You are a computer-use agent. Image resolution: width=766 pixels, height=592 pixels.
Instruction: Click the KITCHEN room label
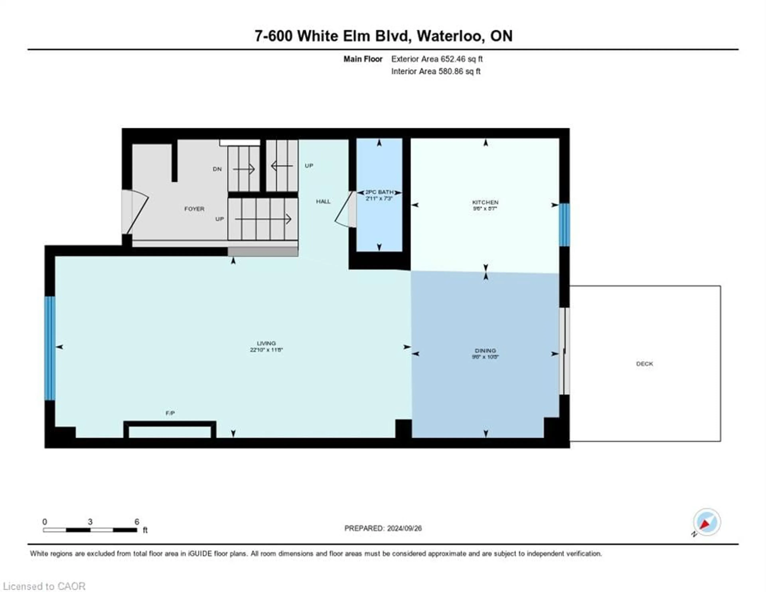click(x=485, y=202)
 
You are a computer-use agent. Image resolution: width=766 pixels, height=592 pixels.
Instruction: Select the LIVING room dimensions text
click(x=266, y=350)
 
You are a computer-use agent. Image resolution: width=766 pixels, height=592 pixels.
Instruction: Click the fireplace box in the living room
click(x=170, y=431)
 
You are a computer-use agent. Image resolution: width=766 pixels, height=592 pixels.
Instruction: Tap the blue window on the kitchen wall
click(x=564, y=225)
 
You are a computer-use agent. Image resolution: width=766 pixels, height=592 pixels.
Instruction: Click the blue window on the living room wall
click(x=50, y=348)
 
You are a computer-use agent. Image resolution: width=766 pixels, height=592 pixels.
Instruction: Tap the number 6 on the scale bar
click(x=137, y=521)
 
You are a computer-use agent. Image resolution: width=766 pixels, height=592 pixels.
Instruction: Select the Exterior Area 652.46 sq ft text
click(x=437, y=59)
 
